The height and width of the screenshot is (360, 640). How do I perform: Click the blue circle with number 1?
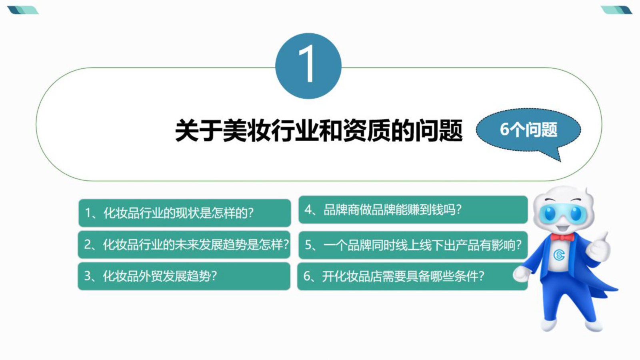(308, 66)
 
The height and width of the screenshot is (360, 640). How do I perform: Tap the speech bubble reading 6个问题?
(528, 130)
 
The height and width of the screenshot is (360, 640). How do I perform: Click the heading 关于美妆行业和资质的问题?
(318, 130)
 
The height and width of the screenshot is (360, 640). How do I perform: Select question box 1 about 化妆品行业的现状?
(184, 213)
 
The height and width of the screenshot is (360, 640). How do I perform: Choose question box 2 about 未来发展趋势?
(184, 244)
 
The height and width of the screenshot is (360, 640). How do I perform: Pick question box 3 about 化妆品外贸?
(184, 276)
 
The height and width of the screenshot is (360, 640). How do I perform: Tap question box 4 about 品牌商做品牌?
(413, 210)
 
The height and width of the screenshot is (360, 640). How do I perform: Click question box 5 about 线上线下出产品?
(413, 245)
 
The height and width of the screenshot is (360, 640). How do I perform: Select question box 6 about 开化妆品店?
(412, 276)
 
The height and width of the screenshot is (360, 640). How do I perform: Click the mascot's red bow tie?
(562, 237)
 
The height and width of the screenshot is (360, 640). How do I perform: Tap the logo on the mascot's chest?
(559, 255)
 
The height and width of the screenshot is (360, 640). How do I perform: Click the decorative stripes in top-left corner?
(23, 10)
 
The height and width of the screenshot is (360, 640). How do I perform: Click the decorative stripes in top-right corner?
(616, 10)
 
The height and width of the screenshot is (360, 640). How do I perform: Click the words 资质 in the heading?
(367, 130)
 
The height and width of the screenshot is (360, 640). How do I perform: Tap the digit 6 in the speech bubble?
(504, 130)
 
